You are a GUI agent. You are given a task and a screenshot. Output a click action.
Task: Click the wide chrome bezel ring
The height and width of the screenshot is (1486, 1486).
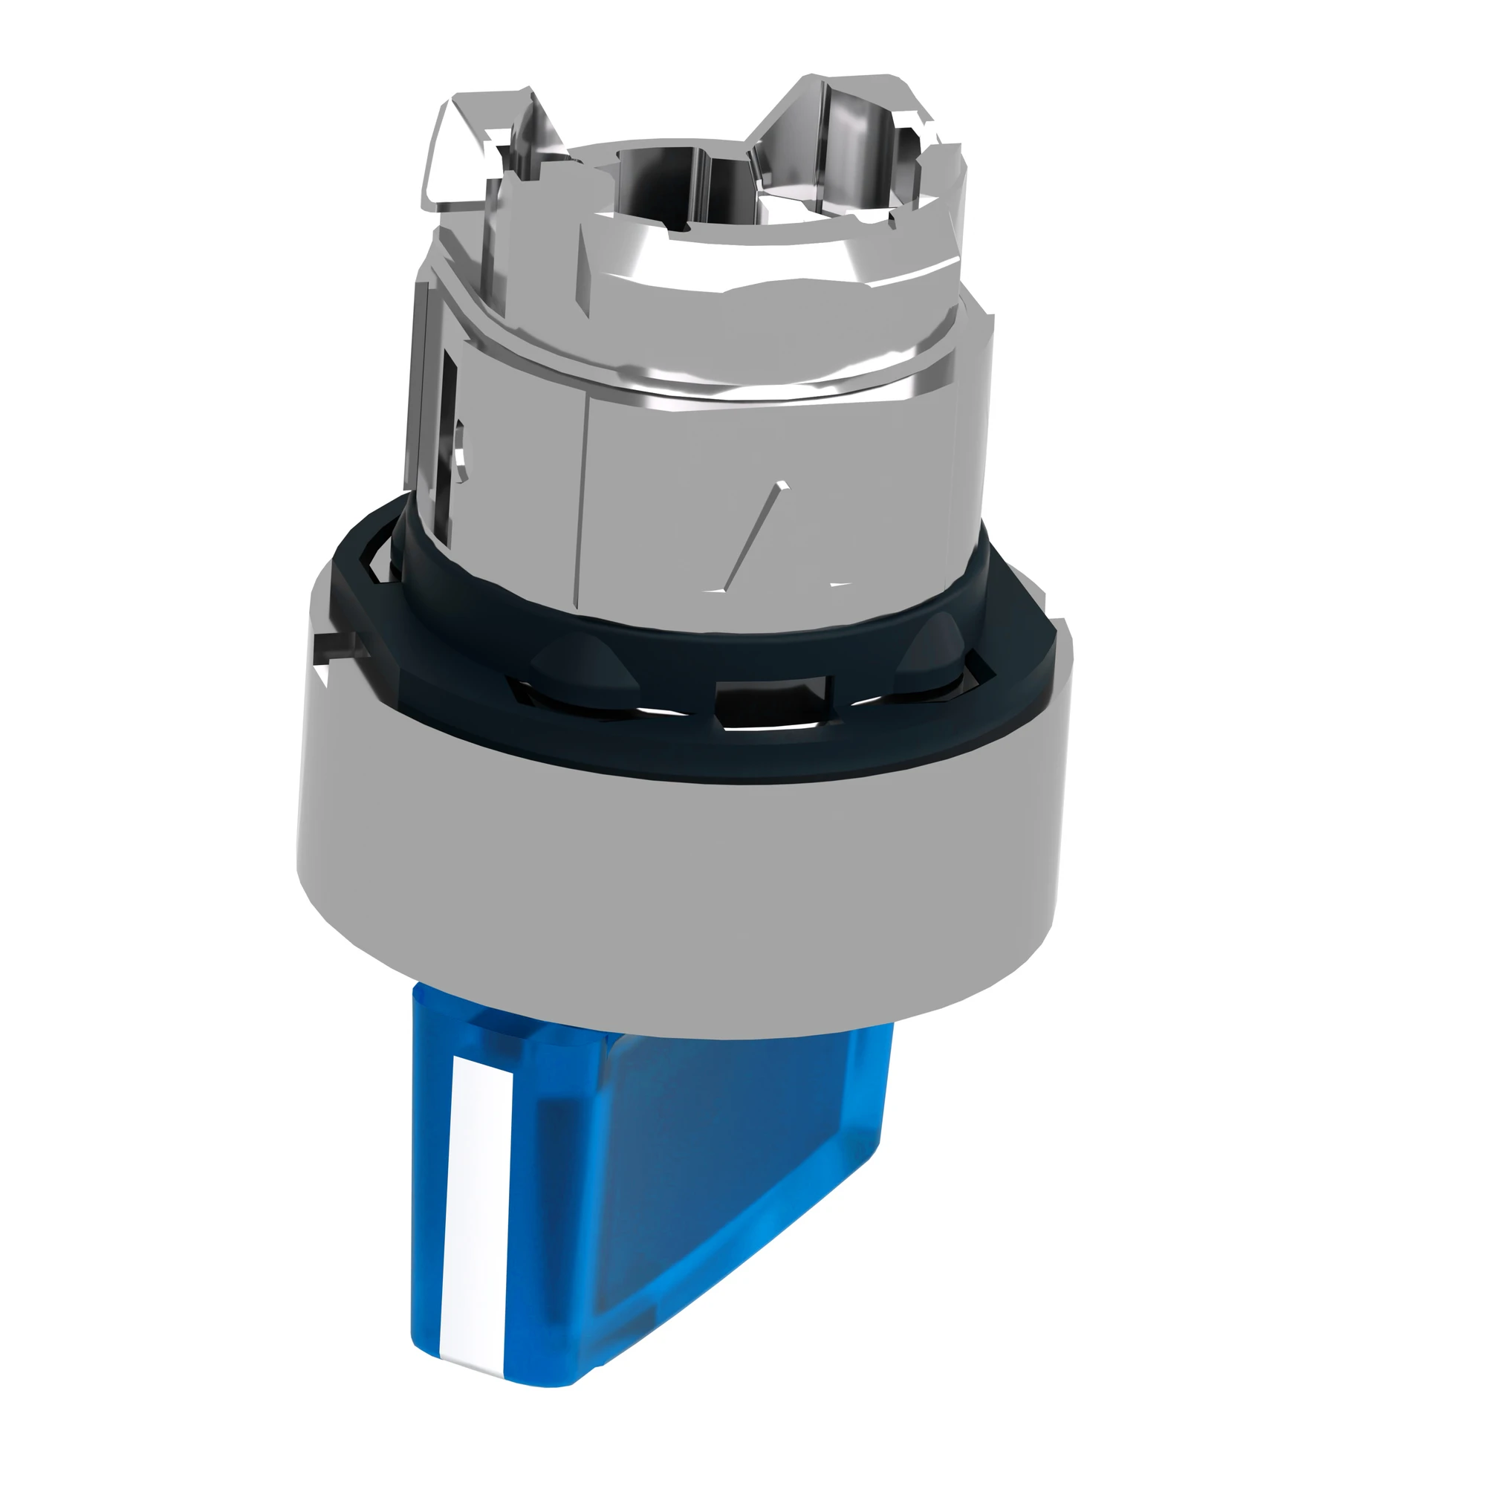point(677,884)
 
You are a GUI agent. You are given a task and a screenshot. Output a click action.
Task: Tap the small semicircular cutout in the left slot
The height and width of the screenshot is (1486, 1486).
point(460,446)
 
